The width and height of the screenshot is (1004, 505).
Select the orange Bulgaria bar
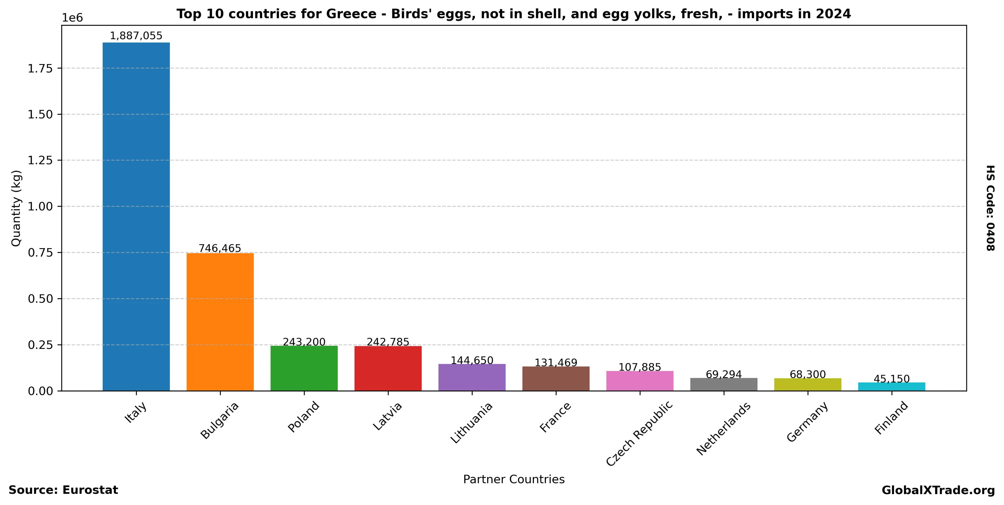pos(220,322)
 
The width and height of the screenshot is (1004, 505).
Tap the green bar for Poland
pos(304,368)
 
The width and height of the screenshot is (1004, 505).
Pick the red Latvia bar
pos(388,368)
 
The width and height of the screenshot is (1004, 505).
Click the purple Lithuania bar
pos(472,377)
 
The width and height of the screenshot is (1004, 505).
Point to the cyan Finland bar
pos(892,387)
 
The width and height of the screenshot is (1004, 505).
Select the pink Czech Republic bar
pos(640,381)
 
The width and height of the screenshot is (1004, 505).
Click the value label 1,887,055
pos(136,36)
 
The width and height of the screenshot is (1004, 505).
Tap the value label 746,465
pos(220,248)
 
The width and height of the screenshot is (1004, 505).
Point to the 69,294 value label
pos(724,374)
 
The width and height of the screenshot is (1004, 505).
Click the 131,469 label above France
pos(556,363)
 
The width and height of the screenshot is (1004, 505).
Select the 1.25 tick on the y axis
pos(40,160)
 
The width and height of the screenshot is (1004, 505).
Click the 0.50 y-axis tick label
pos(40,299)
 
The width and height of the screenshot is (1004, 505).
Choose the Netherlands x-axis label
pos(723,429)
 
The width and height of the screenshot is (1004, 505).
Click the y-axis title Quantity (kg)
pos(16,208)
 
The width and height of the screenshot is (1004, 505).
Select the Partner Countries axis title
pos(514,479)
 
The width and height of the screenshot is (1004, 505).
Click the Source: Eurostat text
pos(63,490)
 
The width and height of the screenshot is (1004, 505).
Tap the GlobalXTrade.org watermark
pos(938,490)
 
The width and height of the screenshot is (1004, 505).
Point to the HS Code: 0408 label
pos(990,208)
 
